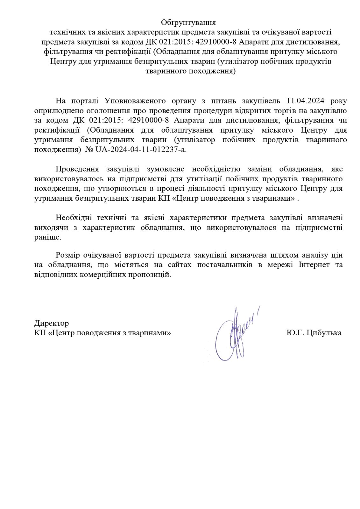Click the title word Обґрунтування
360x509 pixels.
coord(188,23)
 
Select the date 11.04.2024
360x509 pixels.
coord(305,101)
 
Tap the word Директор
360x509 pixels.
coord(52,324)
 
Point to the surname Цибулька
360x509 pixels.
coord(323,333)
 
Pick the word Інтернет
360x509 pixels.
coord(314,265)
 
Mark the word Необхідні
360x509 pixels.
coord(74,218)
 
